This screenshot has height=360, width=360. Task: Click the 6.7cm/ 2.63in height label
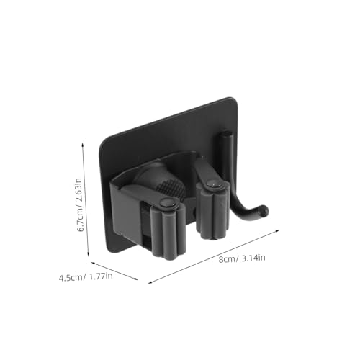(81, 204)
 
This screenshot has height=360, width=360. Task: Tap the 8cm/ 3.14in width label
(242, 258)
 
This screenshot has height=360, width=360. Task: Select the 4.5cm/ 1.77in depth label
(86, 277)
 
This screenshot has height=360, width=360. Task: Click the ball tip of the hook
(264, 210)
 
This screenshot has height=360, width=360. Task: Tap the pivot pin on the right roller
(212, 184)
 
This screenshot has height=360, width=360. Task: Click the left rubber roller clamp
(168, 228)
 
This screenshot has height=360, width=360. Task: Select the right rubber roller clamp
(211, 209)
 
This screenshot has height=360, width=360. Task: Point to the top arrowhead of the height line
(83, 144)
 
